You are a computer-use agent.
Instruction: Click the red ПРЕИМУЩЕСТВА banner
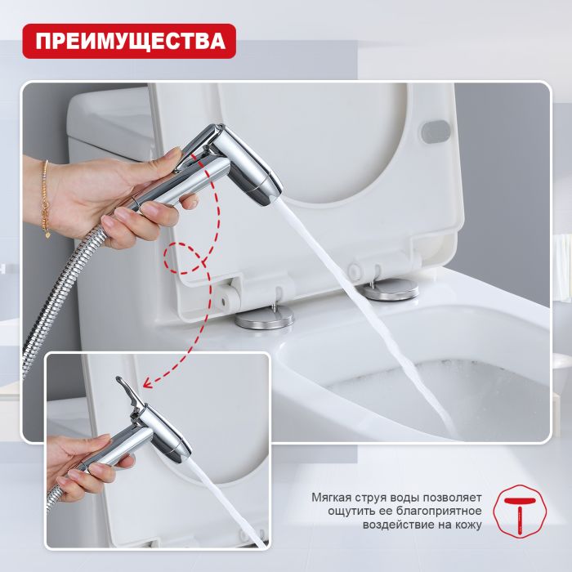(128, 40)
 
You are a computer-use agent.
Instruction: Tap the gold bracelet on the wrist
(45, 196)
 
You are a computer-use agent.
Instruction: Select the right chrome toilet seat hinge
(389, 288)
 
